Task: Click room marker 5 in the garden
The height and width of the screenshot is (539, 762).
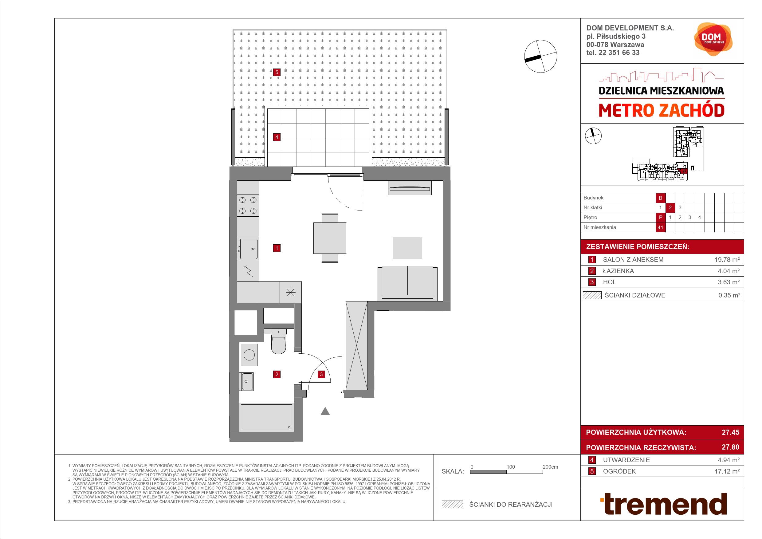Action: pyautogui.click(x=277, y=72)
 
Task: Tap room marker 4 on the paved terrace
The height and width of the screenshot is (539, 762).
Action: pyautogui.click(x=277, y=137)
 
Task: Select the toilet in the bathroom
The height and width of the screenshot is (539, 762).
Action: pyautogui.click(x=278, y=341)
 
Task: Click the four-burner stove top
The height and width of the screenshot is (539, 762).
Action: pyautogui.click(x=248, y=205)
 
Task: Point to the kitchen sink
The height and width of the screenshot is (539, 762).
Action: pyautogui.click(x=248, y=249)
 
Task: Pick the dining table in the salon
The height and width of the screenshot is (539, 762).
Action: pyautogui.click(x=330, y=238)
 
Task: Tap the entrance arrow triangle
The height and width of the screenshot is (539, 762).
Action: pyautogui.click(x=325, y=411)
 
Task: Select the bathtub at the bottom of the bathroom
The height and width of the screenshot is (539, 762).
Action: pyautogui.click(x=266, y=417)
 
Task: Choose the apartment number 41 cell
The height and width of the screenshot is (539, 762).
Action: pyautogui.click(x=660, y=227)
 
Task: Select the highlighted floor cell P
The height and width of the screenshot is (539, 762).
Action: pyautogui.click(x=660, y=217)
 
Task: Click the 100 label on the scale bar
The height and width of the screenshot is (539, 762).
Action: pyautogui.click(x=511, y=467)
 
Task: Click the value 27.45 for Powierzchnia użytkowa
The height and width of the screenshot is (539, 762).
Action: pyautogui.click(x=730, y=432)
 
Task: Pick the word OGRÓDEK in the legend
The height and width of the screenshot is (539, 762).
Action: pyautogui.click(x=619, y=471)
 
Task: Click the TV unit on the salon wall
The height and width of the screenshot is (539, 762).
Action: pyautogui.click(x=410, y=187)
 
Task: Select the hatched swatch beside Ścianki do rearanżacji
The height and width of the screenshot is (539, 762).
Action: pyautogui.click(x=452, y=505)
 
